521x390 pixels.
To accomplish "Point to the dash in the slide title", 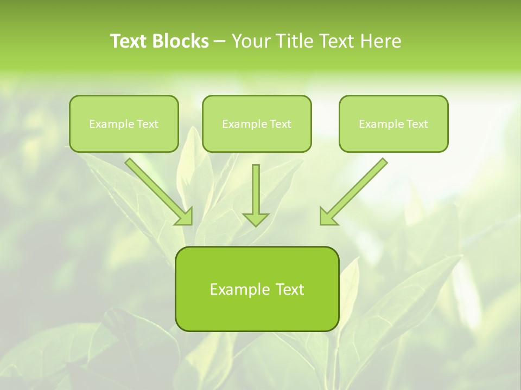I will [x=220, y=42].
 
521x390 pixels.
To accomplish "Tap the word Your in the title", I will [x=251, y=41].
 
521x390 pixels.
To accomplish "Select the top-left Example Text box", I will [x=124, y=123].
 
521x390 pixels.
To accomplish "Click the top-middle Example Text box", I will [x=257, y=123].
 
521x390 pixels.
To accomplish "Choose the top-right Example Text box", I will [x=393, y=123].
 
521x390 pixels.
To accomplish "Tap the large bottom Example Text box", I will [x=257, y=289].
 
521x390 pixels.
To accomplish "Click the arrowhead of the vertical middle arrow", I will [x=256, y=219].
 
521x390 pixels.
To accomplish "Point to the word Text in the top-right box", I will [x=417, y=124].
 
